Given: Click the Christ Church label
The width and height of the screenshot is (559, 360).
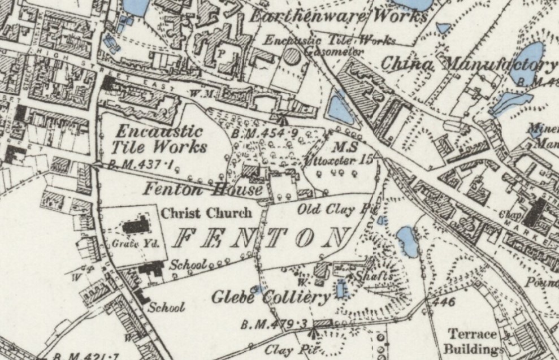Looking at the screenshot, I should point(206,213).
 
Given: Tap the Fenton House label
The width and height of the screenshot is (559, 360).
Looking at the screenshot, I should point(202,189).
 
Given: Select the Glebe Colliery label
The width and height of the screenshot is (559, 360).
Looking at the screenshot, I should point(271,298).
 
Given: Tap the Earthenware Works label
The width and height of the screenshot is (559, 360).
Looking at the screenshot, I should point(338,17).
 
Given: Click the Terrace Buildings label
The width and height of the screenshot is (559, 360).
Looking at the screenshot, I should point(473,341).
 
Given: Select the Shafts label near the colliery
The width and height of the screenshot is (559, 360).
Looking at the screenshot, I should point(374,276).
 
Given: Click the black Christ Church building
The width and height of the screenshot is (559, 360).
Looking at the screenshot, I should point(138,226).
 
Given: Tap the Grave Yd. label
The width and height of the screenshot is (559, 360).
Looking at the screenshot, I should point(129,244).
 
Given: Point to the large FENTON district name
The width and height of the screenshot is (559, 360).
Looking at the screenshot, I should point(260,238).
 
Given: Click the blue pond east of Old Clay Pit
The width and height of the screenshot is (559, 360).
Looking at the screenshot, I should point(407,240).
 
